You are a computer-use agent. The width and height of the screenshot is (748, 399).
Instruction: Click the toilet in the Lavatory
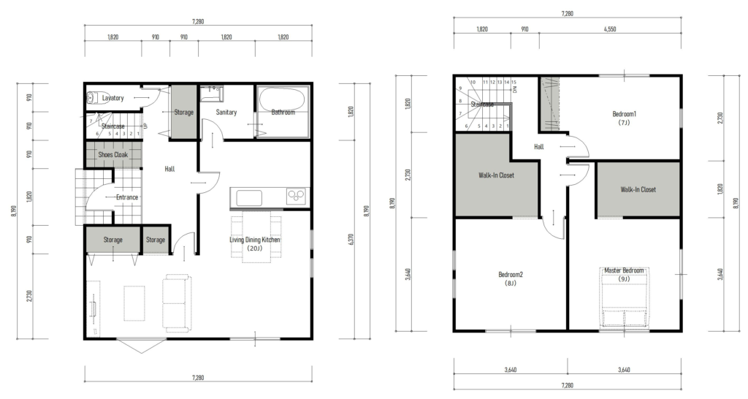[x=91, y=99]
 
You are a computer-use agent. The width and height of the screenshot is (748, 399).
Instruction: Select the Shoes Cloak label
[x=113, y=155]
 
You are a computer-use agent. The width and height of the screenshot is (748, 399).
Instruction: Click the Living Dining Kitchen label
[x=255, y=240]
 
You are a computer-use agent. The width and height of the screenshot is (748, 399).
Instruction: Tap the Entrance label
[x=127, y=197]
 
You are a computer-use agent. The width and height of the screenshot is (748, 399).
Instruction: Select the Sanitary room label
[x=226, y=112]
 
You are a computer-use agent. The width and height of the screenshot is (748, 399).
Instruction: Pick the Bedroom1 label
[x=625, y=114]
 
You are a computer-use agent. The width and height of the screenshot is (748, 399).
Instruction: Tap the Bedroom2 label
[x=511, y=275]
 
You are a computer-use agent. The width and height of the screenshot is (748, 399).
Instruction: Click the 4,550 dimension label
[x=610, y=29]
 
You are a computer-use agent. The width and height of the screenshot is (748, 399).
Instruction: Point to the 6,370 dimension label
[x=351, y=239]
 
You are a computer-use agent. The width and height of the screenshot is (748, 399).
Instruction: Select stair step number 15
[x=514, y=82]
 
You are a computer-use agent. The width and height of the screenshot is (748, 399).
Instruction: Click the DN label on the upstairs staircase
[x=515, y=89]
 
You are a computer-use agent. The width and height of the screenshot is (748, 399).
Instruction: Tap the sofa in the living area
[x=177, y=300]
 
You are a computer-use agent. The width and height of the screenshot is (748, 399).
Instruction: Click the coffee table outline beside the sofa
[x=134, y=303]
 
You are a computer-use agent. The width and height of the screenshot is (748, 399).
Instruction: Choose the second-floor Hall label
[x=538, y=147]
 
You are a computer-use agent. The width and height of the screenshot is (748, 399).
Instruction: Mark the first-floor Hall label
[x=169, y=169]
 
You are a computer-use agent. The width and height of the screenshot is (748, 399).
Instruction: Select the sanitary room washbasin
[x=211, y=93]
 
